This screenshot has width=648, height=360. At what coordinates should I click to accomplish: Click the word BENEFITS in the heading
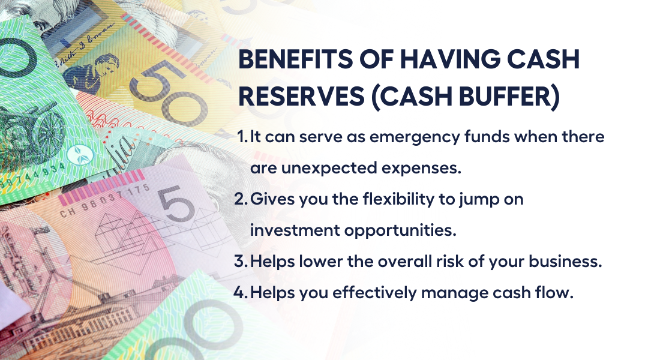295,59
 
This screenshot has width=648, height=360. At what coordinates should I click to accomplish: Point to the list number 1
242,137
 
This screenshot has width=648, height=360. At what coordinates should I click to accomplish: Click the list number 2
241,199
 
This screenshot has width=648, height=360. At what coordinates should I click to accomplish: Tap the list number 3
241,261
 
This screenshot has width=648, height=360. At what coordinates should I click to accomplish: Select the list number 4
241,293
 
